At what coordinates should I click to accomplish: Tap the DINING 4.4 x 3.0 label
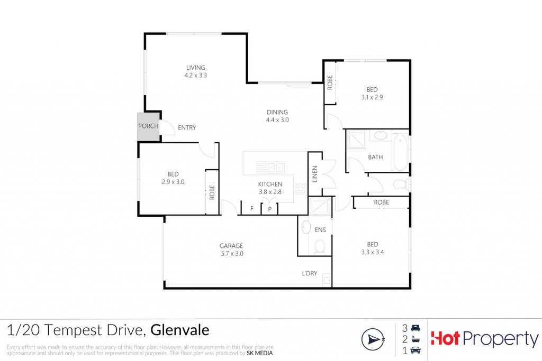point(277,116)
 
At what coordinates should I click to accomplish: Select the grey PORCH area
point(149,126)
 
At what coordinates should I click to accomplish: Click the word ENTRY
point(187,128)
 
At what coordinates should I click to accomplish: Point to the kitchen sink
point(270,168)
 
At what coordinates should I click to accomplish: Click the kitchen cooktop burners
point(300,189)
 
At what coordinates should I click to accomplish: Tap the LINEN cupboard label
point(314,174)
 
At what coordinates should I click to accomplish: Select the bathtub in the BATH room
point(401,153)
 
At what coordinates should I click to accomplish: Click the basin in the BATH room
point(381,135)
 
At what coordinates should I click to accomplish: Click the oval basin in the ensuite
point(306,227)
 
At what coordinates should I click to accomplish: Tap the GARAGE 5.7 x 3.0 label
point(232,249)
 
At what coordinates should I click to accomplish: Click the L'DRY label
point(309,273)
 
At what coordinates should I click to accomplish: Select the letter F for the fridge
point(252,208)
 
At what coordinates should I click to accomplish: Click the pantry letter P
point(269,209)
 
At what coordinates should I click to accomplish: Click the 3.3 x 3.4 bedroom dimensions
point(373,252)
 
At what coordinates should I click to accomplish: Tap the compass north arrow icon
point(373,339)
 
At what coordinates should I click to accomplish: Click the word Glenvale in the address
point(180,330)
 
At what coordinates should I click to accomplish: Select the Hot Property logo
point(485,339)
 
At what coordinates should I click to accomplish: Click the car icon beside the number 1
point(415,350)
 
